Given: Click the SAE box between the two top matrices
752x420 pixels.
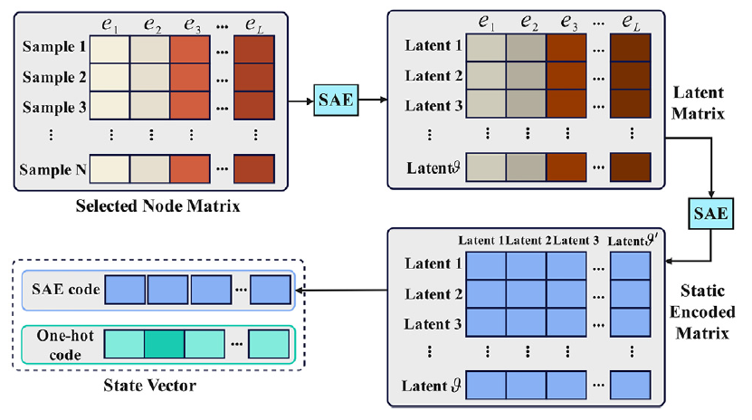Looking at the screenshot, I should pyautogui.click(x=331, y=97).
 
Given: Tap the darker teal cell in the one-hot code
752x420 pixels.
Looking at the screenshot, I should pyautogui.click(x=166, y=344).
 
